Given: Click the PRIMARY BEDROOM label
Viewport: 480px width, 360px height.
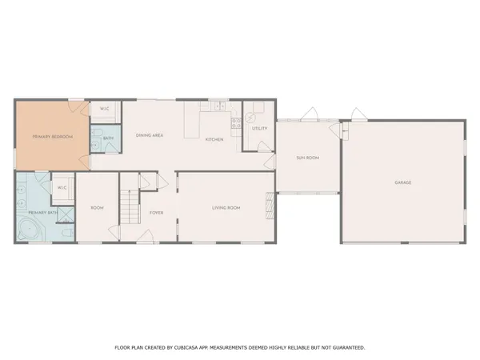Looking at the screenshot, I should point(52,138).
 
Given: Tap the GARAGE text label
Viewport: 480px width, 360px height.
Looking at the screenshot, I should point(402,182).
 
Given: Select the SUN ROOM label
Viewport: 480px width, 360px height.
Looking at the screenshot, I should point(308,158).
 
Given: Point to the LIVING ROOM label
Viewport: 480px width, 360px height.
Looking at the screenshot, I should point(226,208).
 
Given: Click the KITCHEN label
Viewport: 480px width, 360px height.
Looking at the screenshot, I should point(214,140).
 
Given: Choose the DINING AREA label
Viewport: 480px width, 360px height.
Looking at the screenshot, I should point(150,136).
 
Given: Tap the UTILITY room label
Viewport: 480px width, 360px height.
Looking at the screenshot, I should point(259,128).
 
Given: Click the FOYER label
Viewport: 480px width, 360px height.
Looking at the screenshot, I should point(156,212).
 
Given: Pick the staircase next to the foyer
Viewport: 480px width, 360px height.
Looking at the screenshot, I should point(129,206).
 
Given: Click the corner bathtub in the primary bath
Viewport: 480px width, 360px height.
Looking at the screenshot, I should point(28,230).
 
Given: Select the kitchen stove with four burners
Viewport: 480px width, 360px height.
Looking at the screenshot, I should point(236,123).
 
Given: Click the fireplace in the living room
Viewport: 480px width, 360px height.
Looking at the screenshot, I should point(269,206).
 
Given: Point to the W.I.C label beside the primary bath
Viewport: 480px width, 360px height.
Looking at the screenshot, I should point(62,188).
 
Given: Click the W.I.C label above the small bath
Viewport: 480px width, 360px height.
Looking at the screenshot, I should point(104,109).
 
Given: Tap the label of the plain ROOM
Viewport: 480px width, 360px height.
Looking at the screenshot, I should point(97,208).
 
